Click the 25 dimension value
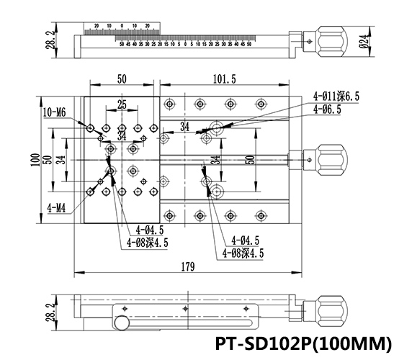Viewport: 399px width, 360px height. (122, 105)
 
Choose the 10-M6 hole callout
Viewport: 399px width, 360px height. (55, 112)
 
